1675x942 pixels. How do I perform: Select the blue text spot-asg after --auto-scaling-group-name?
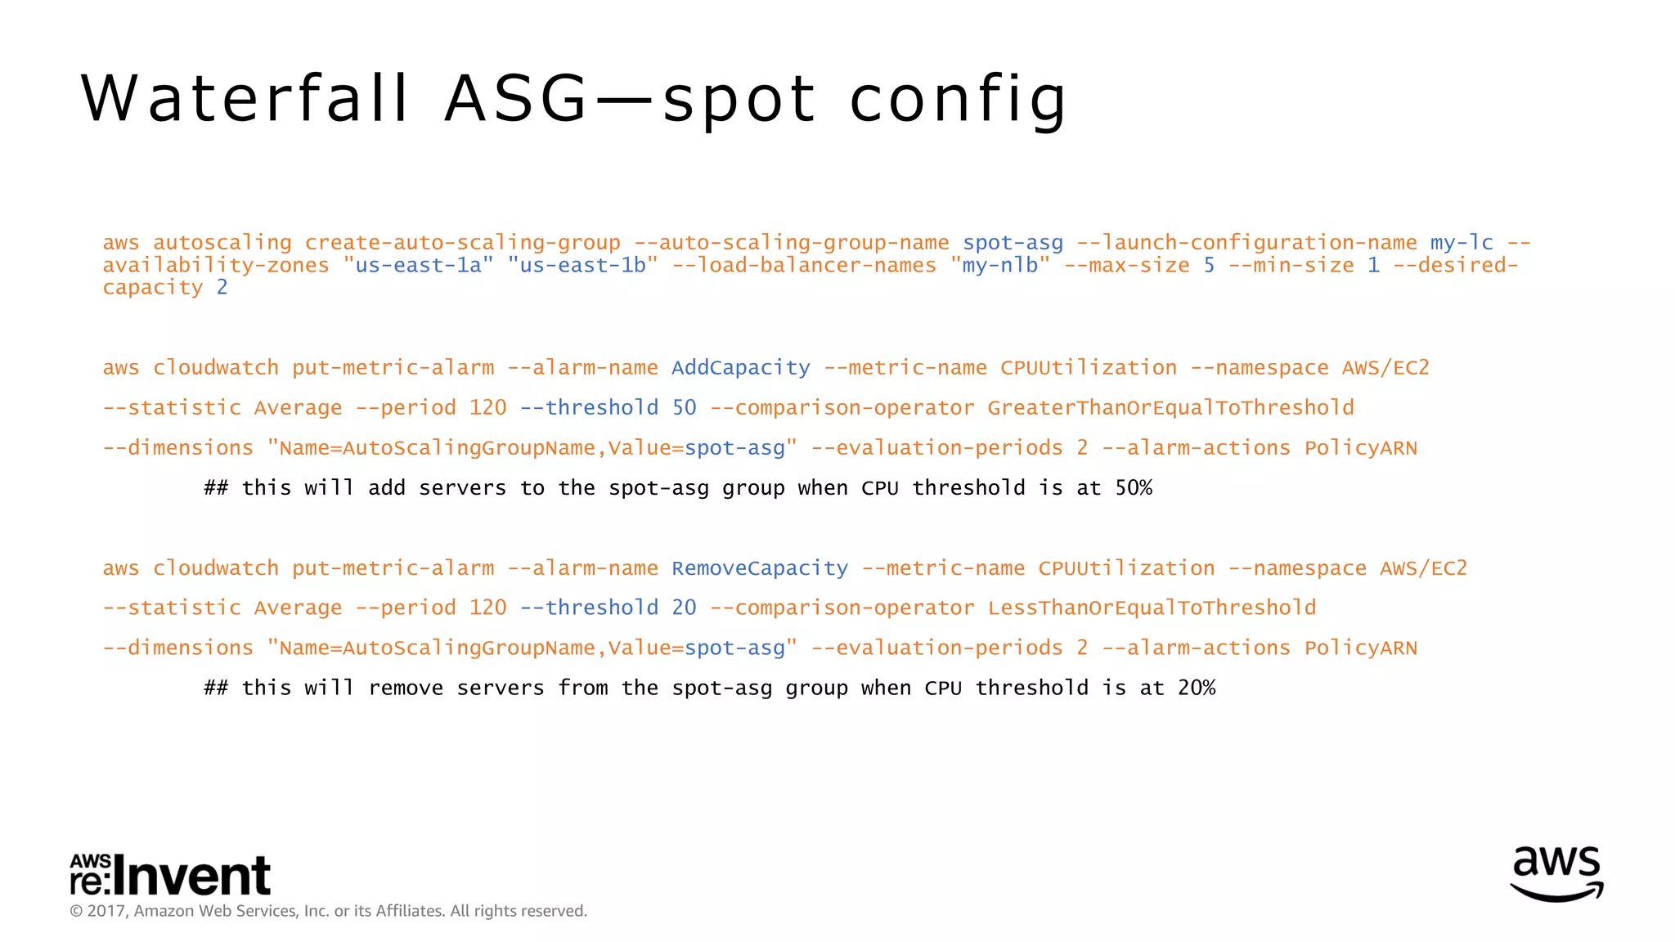pos(1013,243)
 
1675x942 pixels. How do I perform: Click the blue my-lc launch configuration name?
pos(1462,243)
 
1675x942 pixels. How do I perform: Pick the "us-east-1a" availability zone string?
pos(418,266)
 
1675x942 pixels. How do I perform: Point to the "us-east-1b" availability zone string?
pos(582,266)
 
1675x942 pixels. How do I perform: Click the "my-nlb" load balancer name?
pos(999,266)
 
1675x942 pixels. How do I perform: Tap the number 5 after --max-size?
pos(1209,266)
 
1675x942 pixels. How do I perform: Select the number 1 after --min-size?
pos(1373,266)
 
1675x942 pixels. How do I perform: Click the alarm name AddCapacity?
pos(740,368)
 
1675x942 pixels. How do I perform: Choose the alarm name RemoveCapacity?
pos(760,568)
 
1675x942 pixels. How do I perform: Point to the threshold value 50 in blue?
pos(684,408)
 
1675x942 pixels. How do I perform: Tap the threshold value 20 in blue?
pos(684,608)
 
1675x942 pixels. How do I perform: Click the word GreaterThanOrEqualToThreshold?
pos(1170,408)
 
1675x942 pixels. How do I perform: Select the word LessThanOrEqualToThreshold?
pos(1152,608)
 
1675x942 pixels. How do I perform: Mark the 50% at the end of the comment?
pos(1134,488)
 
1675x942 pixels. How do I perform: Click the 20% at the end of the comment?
pos(1197,688)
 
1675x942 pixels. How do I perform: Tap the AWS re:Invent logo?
pos(170,876)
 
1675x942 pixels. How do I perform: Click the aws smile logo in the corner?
pos(1556,873)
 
